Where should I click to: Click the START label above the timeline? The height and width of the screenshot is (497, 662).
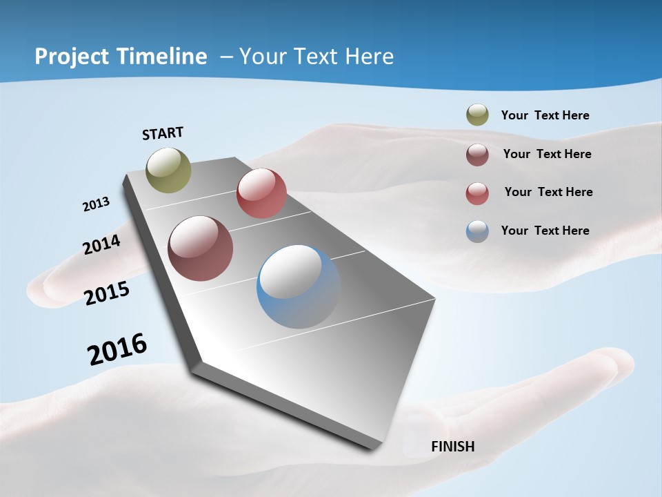pyautogui.click(x=163, y=133)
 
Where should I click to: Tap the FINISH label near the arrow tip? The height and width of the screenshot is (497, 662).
pyautogui.click(x=452, y=447)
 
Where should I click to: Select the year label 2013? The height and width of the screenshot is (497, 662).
pyautogui.click(x=96, y=204)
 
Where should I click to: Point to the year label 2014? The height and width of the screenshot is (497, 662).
pyautogui.click(x=101, y=244)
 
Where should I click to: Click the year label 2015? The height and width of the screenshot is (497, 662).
pyautogui.click(x=107, y=293)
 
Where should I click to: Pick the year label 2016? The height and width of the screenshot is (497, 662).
pyautogui.click(x=117, y=349)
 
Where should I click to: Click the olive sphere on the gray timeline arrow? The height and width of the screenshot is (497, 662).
pyautogui.click(x=169, y=170)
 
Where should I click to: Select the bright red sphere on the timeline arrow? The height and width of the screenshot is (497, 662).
pyautogui.click(x=261, y=193)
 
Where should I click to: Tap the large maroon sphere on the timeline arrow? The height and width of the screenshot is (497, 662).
pyautogui.click(x=201, y=248)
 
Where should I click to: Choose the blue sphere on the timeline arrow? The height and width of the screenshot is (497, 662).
pyautogui.click(x=298, y=286)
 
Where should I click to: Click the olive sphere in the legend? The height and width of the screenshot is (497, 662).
pyautogui.click(x=477, y=115)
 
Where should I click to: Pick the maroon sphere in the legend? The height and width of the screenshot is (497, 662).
pyautogui.click(x=477, y=155)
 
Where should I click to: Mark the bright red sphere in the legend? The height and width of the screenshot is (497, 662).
pyautogui.click(x=477, y=193)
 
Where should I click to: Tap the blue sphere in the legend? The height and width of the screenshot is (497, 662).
pyautogui.click(x=477, y=231)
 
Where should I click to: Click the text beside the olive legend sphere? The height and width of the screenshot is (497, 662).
pyautogui.click(x=545, y=115)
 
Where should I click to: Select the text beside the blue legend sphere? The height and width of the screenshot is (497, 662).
pyautogui.click(x=545, y=231)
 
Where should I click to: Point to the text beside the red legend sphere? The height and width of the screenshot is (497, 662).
pyautogui.click(x=548, y=192)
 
